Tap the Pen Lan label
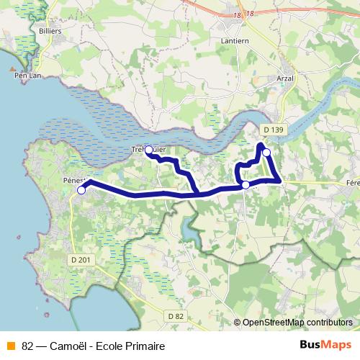point(25,75)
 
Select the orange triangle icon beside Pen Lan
point(12,71)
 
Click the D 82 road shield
point(176,316)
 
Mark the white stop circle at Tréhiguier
point(149,150)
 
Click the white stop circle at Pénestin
point(81,190)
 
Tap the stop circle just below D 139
point(266,152)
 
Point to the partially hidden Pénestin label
point(74,180)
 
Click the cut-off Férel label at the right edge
point(353,183)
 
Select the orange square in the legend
point(9,346)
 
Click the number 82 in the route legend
point(28,346)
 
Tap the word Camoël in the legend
point(68,346)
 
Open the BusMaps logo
point(326,345)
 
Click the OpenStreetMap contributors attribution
point(297,323)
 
